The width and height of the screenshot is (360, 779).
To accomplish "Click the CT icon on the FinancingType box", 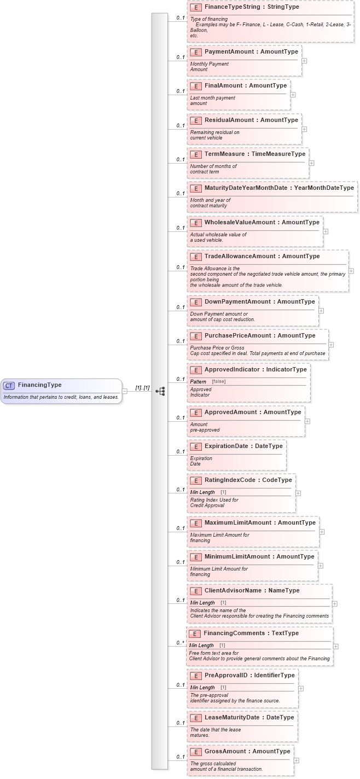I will click(x=9, y=385).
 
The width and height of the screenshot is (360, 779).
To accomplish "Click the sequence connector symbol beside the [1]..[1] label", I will click(x=160, y=391).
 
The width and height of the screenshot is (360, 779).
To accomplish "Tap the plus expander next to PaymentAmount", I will click(x=304, y=61).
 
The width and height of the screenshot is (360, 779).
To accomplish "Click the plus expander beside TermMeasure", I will click(x=311, y=162).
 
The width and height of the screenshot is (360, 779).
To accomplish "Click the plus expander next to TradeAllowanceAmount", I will click(x=351, y=271).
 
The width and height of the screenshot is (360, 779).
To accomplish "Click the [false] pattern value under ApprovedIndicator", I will click(x=219, y=381).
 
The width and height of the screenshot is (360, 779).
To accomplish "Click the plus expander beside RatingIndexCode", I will click(x=298, y=493).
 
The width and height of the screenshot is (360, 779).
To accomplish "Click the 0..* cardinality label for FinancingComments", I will click(x=179, y=643).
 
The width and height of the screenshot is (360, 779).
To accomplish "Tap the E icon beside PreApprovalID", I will click(x=195, y=676).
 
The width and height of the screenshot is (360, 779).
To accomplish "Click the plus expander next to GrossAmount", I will click(x=296, y=760).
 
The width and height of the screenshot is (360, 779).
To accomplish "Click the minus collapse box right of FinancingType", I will click(x=124, y=391).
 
